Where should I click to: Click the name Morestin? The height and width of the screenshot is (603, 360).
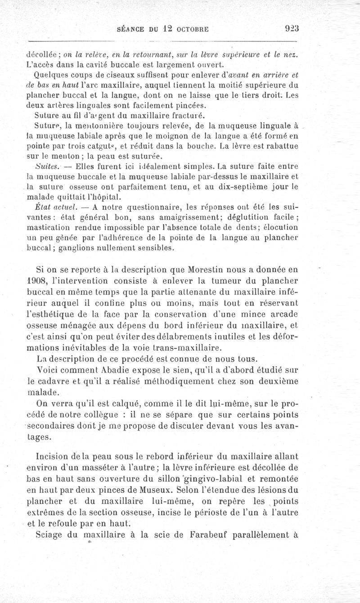[217, 270]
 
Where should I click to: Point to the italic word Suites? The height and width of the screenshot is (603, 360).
[39, 166]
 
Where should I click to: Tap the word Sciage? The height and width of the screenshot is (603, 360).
[48, 535]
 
